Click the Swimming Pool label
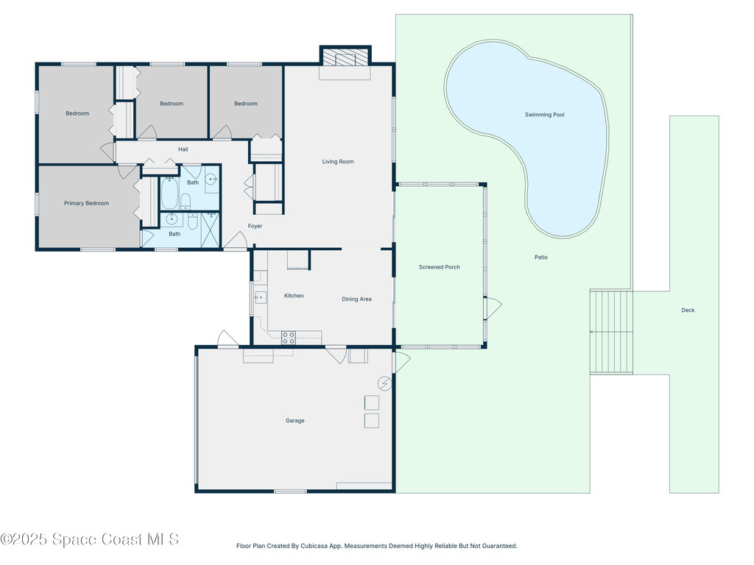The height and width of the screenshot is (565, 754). click(x=544, y=115)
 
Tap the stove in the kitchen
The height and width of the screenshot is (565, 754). click(x=289, y=338)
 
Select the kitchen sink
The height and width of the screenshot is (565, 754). click(x=260, y=297)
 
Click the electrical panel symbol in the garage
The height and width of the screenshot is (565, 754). click(x=384, y=383)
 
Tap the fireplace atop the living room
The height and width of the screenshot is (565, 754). click(x=345, y=58)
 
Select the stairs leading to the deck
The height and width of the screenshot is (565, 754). click(x=611, y=332)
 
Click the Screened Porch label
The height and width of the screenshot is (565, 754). click(x=439, y=267)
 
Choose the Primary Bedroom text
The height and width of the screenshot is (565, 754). click(x=86, y=203)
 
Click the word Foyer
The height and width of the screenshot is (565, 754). click(x=255, y=226)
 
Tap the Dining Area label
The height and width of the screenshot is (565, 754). click(x=356, y=299)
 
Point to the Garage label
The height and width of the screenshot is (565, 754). click(x=295, y=421)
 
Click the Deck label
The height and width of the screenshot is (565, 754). click(x=688, y=310)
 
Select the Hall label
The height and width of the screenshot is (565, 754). click(x=183, y=149)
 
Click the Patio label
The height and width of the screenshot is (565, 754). click(x=541, y=257)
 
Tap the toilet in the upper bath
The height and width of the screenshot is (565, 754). click(x=186, y=200)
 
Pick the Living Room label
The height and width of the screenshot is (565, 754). click(x=338, y=162)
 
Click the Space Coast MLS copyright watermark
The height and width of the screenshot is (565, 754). click(x=90, y=539)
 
